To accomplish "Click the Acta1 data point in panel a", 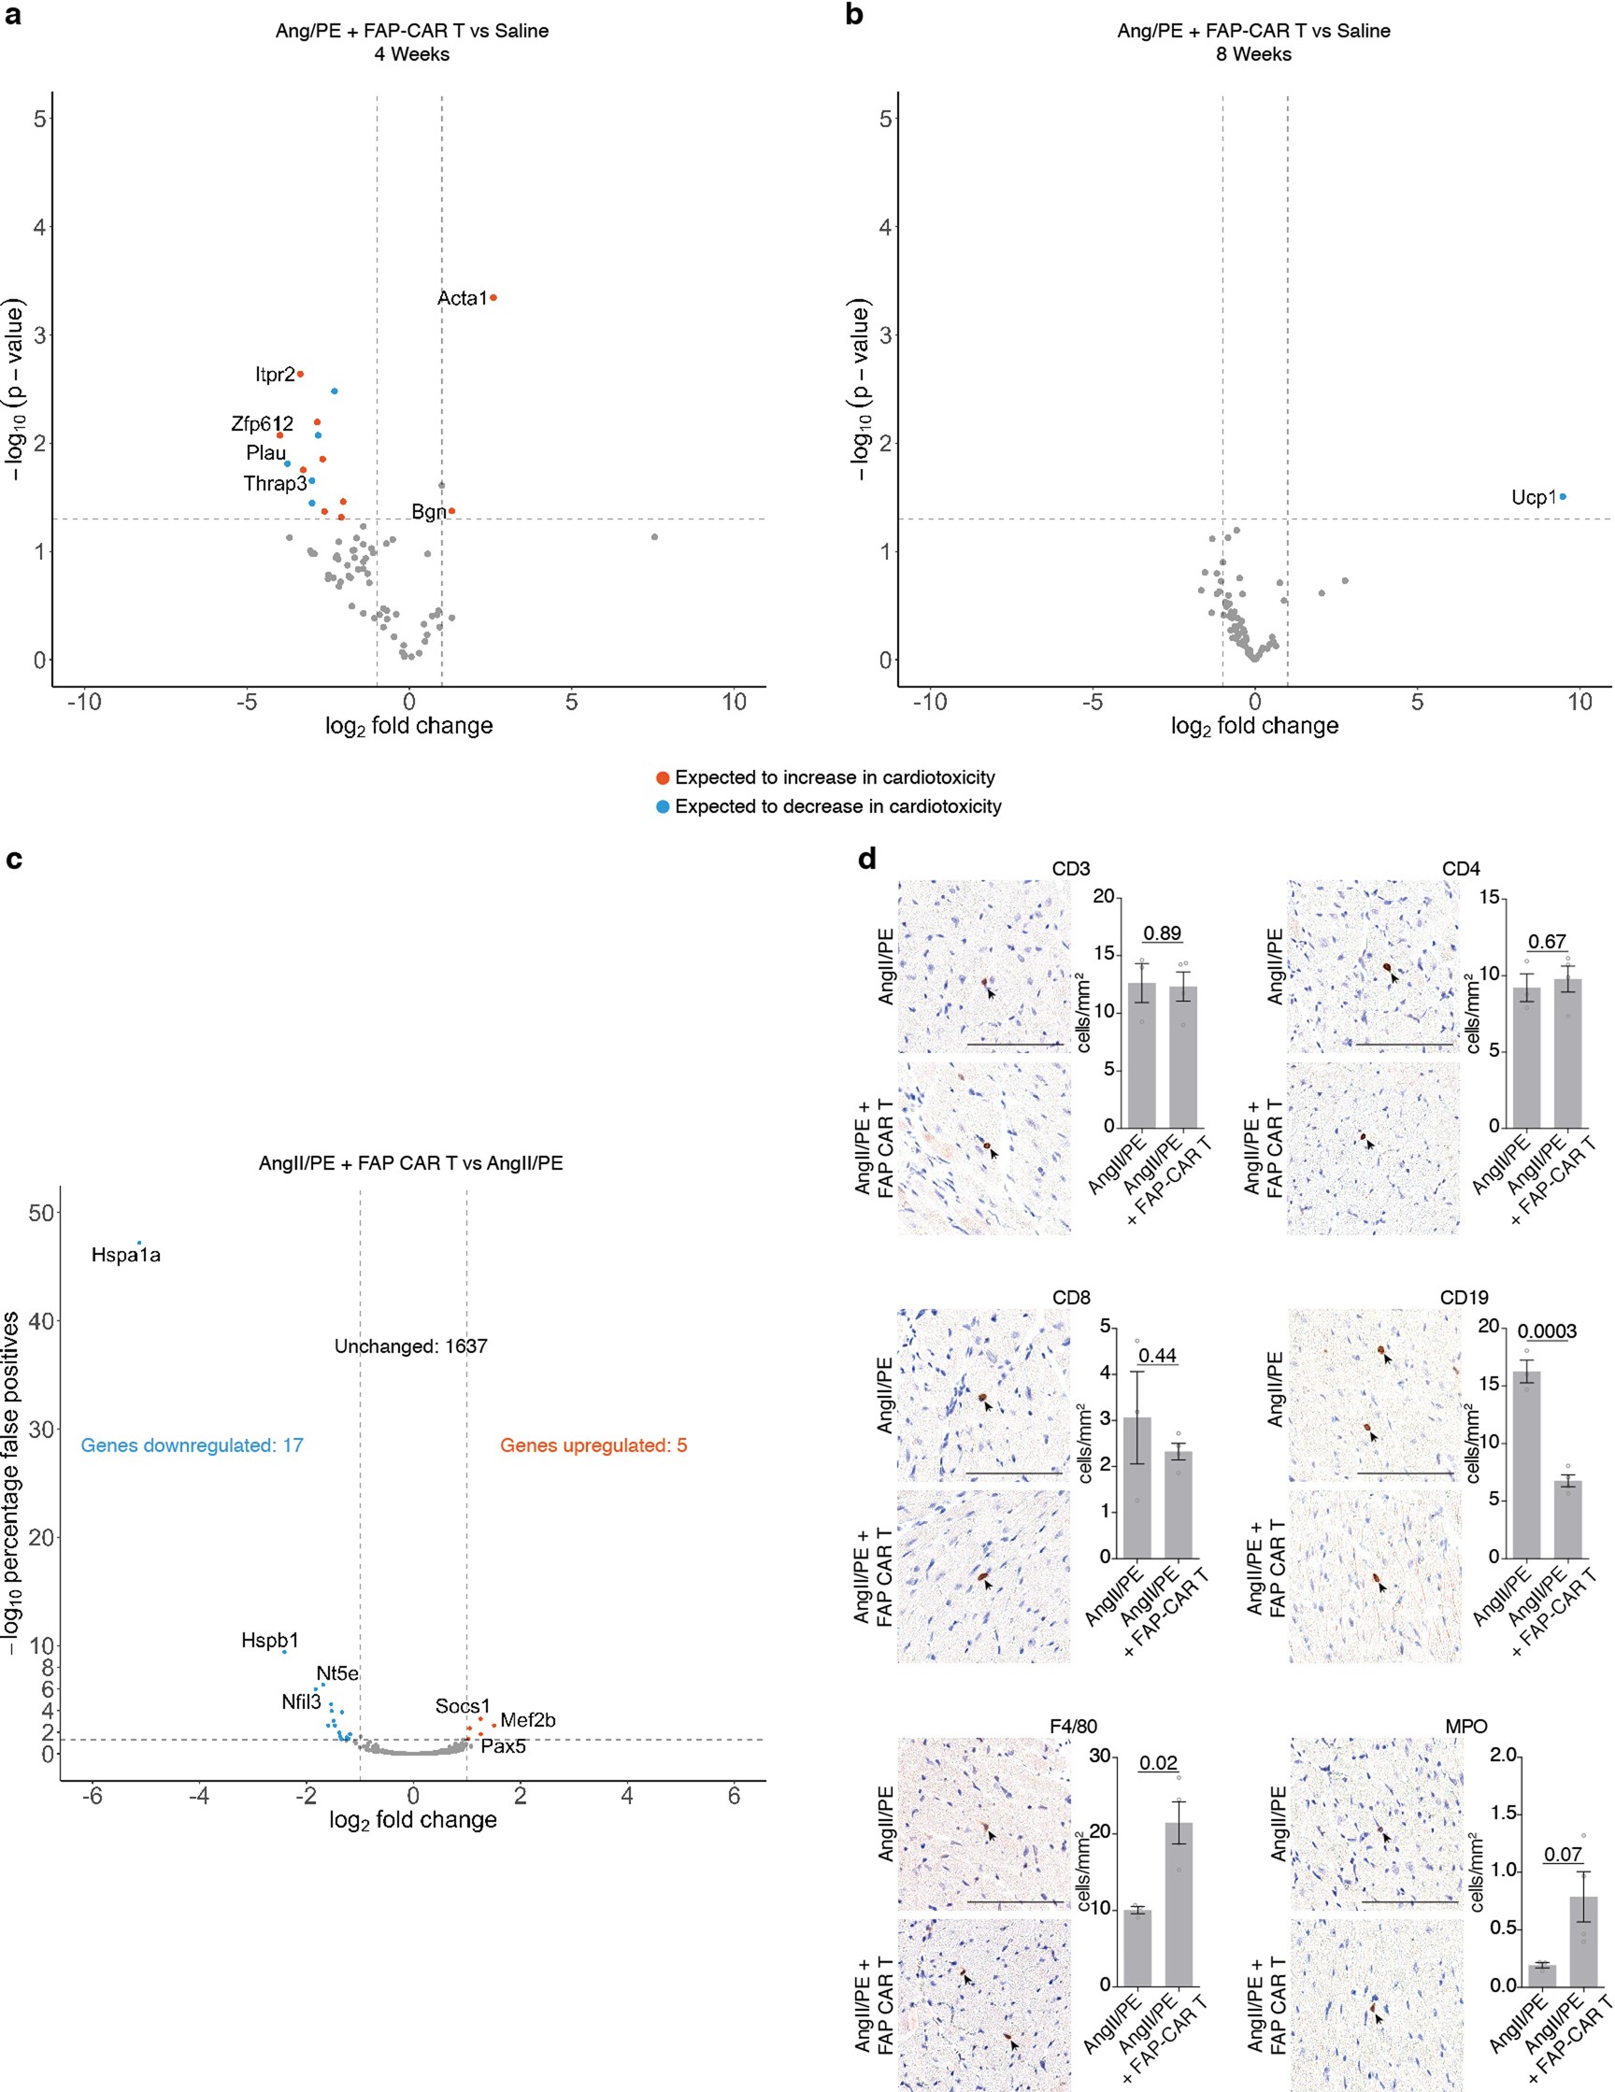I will click(x=493, y=298).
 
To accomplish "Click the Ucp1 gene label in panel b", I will click(x=1534, y=497).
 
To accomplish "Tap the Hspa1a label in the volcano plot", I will click(x=125, y=1255).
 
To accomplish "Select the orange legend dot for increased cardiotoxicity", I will click(x=662, y=777).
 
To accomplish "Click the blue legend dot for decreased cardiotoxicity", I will click(x=662, y=806).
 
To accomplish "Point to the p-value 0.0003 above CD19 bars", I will click(x=1547, y=1331).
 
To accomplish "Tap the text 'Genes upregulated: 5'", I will click(x=593, y=1445).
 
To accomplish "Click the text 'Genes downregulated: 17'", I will click(x=192, y=1445).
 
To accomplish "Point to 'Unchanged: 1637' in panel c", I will click(x=410, y=1345).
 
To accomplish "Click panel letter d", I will click(x=867, y=860).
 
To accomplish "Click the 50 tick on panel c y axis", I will click(x=41, y=1213).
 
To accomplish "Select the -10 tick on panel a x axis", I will click(x=83, y=702).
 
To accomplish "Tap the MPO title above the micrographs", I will click(x=1465, y=1726).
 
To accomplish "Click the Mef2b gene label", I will click(x=528, y=1720).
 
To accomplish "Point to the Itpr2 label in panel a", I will click(x=275, y=375).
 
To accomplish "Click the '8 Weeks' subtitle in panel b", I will click(x=1253, y=54).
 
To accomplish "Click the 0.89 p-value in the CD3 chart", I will click(x=1162, y=933).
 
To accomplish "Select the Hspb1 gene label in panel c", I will click(x=269, y=1641).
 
